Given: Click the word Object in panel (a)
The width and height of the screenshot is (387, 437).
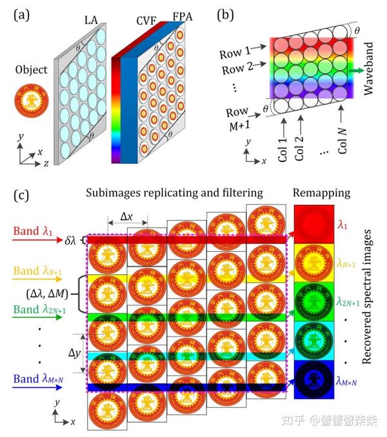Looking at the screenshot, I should click(x=32, y=70).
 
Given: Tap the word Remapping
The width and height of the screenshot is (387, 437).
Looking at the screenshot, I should click(x=321, y=193).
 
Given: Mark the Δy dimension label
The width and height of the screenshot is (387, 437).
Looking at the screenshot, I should click(x=75, y=354).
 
